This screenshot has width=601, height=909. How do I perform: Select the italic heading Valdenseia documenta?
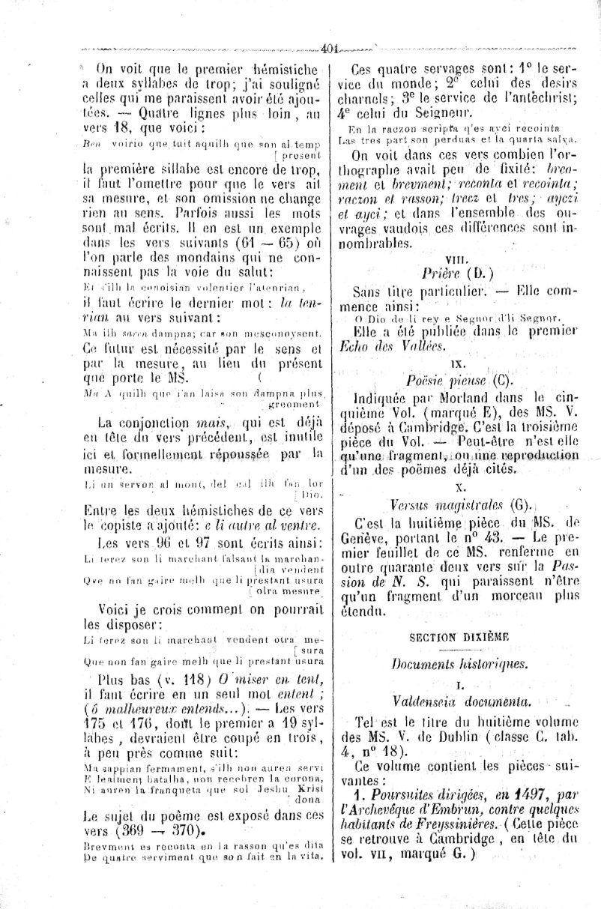click(x=450, y=701)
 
